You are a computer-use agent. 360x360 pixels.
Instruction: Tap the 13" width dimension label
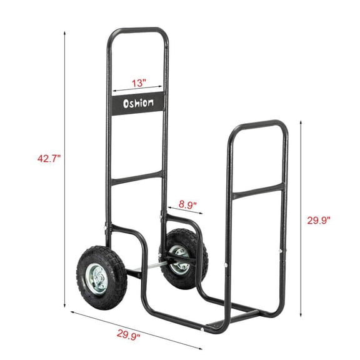tap(139, 82)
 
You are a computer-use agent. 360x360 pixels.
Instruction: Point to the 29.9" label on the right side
tap(319, 219)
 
